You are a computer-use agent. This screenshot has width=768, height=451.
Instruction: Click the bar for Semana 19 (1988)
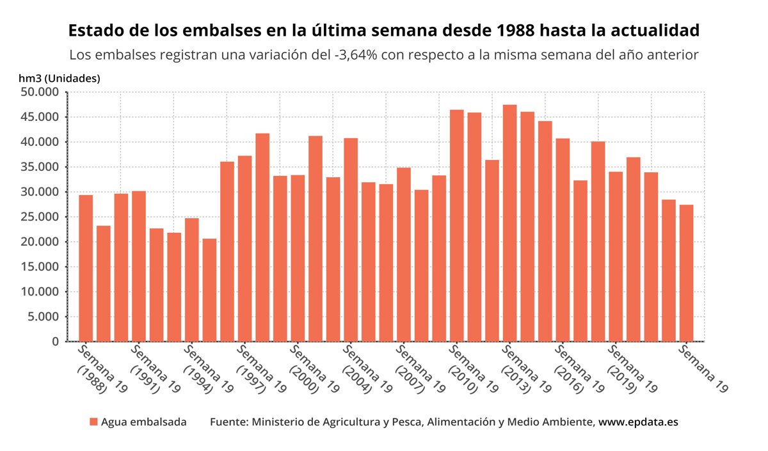pos(86,268)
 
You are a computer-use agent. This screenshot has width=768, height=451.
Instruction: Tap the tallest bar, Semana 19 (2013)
pos(509,223)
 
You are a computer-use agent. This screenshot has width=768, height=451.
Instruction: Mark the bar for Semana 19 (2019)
pos(616,257)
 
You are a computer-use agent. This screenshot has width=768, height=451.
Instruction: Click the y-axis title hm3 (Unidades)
pos(60,78)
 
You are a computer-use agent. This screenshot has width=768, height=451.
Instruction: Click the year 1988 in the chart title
pos(563,31)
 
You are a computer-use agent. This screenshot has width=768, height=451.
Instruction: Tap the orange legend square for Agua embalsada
pos(93,422)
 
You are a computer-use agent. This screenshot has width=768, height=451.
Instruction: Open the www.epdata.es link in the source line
pos(638,422)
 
